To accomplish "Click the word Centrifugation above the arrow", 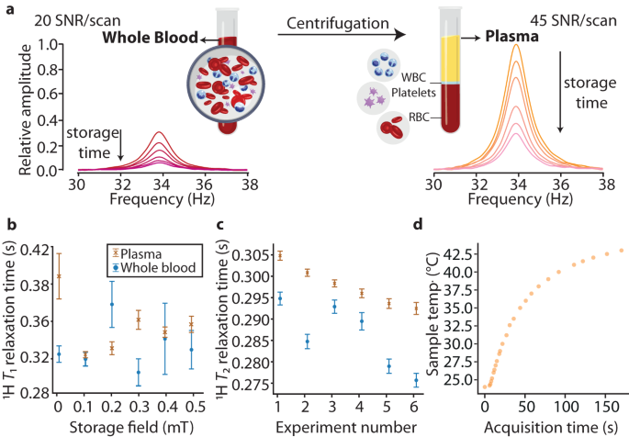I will pyautogui.click(x=340, y=19).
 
